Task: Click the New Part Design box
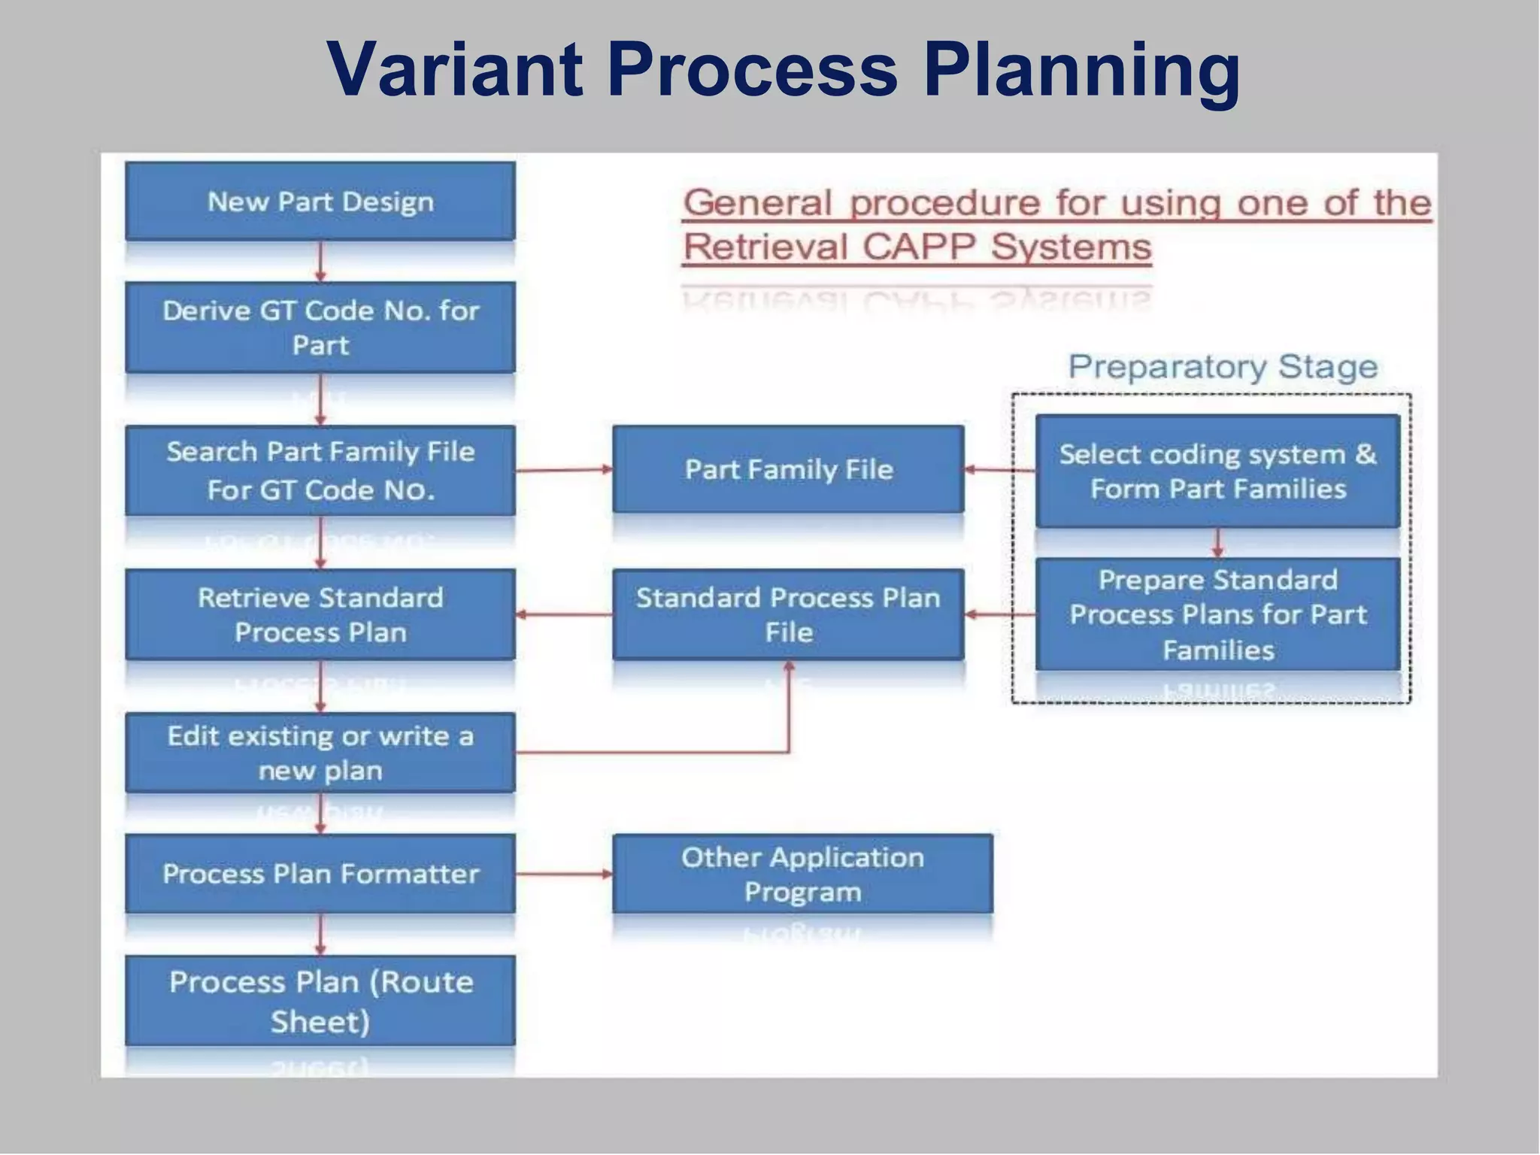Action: click(x=320, y=202)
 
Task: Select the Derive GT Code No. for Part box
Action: click(x=320, y=328)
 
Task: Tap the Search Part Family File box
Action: click(x=320, y=471)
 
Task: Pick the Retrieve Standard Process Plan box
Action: click(x=320, y=614)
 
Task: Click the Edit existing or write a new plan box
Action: click(x=320, y=753)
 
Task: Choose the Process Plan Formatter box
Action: click(x=320, y=874)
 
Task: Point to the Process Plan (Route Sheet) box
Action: click(x=320, y=1001)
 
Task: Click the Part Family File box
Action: click(x=788, y=469)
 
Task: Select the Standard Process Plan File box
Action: click(x=788, y=614)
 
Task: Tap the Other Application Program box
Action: click(x=802, y=874)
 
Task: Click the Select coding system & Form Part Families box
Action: click(x=1217, y=471)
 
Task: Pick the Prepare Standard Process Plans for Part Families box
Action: click(x=1217, y=614)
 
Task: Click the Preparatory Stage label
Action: click(x=1223, y=367)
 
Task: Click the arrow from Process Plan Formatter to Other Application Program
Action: click(x=564, y=874)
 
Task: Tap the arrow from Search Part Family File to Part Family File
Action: click(x=564, y=470)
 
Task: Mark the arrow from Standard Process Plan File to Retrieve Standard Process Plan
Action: click(x=564, y=615)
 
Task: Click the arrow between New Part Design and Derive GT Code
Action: click(x=320, y=261)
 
